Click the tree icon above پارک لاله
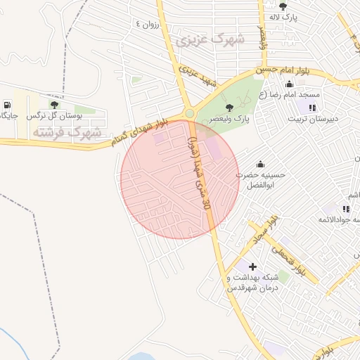coord(283,6)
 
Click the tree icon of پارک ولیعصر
coord(229,108)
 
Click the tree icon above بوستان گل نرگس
coord(54,104)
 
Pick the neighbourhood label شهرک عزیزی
coord(210,39)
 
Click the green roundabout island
coord(188,114)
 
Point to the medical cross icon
coord(253,266)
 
